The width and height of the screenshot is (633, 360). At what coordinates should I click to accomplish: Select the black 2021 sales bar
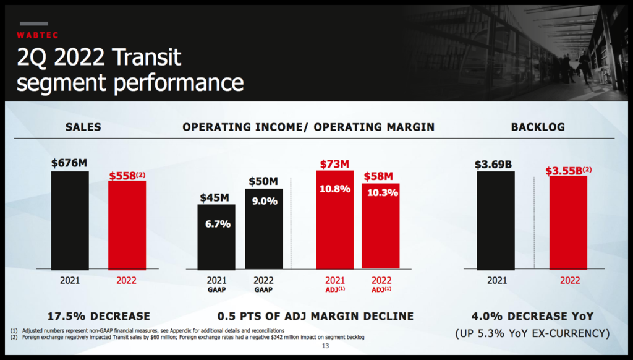coord(69,220)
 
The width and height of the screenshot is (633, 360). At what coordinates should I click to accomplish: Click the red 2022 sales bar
coord(127,225)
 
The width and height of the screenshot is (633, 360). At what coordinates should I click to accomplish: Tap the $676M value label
coord(69,163)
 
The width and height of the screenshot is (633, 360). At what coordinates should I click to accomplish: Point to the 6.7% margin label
coord(218,224)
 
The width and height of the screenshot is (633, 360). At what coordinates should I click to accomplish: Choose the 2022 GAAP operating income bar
coord(264,229)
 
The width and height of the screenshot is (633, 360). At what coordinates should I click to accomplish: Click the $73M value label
coord(334,164)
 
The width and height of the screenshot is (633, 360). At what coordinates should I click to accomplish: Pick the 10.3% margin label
coord(381,192)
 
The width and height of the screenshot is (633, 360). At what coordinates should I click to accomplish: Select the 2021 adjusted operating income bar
coord(334,220)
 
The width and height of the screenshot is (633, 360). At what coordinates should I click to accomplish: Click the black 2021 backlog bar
coord(496,220)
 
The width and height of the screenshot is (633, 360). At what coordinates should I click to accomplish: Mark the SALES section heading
coord(83,127)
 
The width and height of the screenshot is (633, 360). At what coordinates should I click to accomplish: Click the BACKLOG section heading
coord(538,127)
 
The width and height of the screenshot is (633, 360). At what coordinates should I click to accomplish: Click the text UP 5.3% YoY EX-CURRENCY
coord(532,333)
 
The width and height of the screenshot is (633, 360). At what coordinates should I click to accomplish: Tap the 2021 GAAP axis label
coord(216,284)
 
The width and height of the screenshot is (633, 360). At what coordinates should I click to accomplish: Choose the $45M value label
coord(215,198)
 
